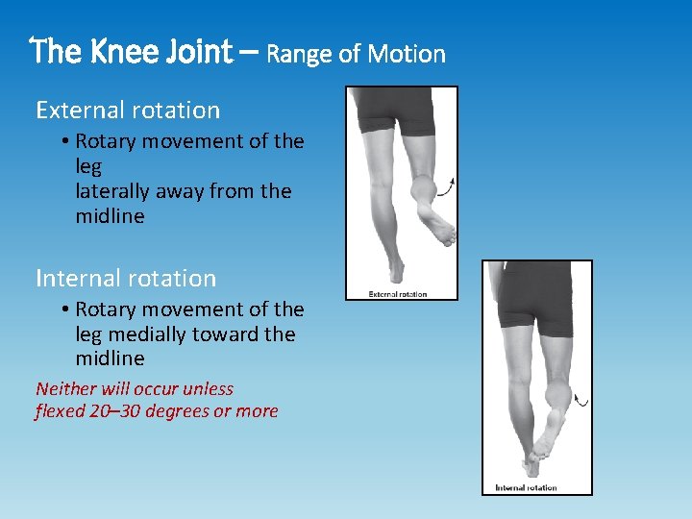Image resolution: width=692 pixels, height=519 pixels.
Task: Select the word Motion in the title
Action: pos(410,54)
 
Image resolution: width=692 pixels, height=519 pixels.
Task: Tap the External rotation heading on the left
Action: pos(128,111)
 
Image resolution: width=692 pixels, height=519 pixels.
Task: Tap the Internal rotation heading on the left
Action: pos(126,279)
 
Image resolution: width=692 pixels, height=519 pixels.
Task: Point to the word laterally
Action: pos(115,191)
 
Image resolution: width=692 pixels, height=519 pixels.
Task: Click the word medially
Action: pos(157,334)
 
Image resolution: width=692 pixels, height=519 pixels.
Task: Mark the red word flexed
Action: pos(61,411)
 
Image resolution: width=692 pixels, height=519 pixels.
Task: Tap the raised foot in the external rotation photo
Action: pos(432,216)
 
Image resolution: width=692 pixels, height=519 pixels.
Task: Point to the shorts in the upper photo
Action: pos(394,110)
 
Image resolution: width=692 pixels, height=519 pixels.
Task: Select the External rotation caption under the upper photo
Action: pos(398,293)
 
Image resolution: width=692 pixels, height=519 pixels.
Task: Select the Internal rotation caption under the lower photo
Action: pos(526,488)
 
